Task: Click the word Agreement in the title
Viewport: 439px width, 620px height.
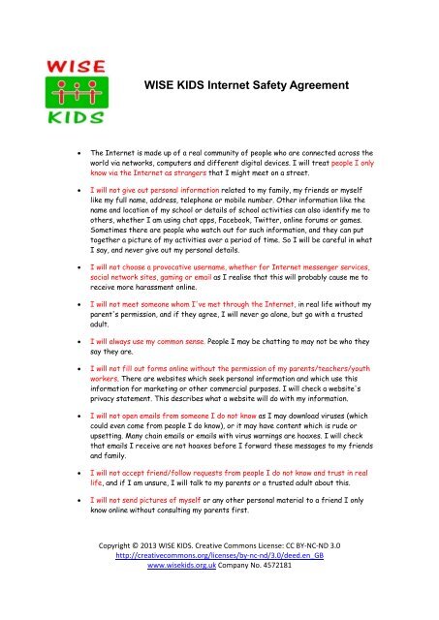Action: (x=317, y=85)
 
